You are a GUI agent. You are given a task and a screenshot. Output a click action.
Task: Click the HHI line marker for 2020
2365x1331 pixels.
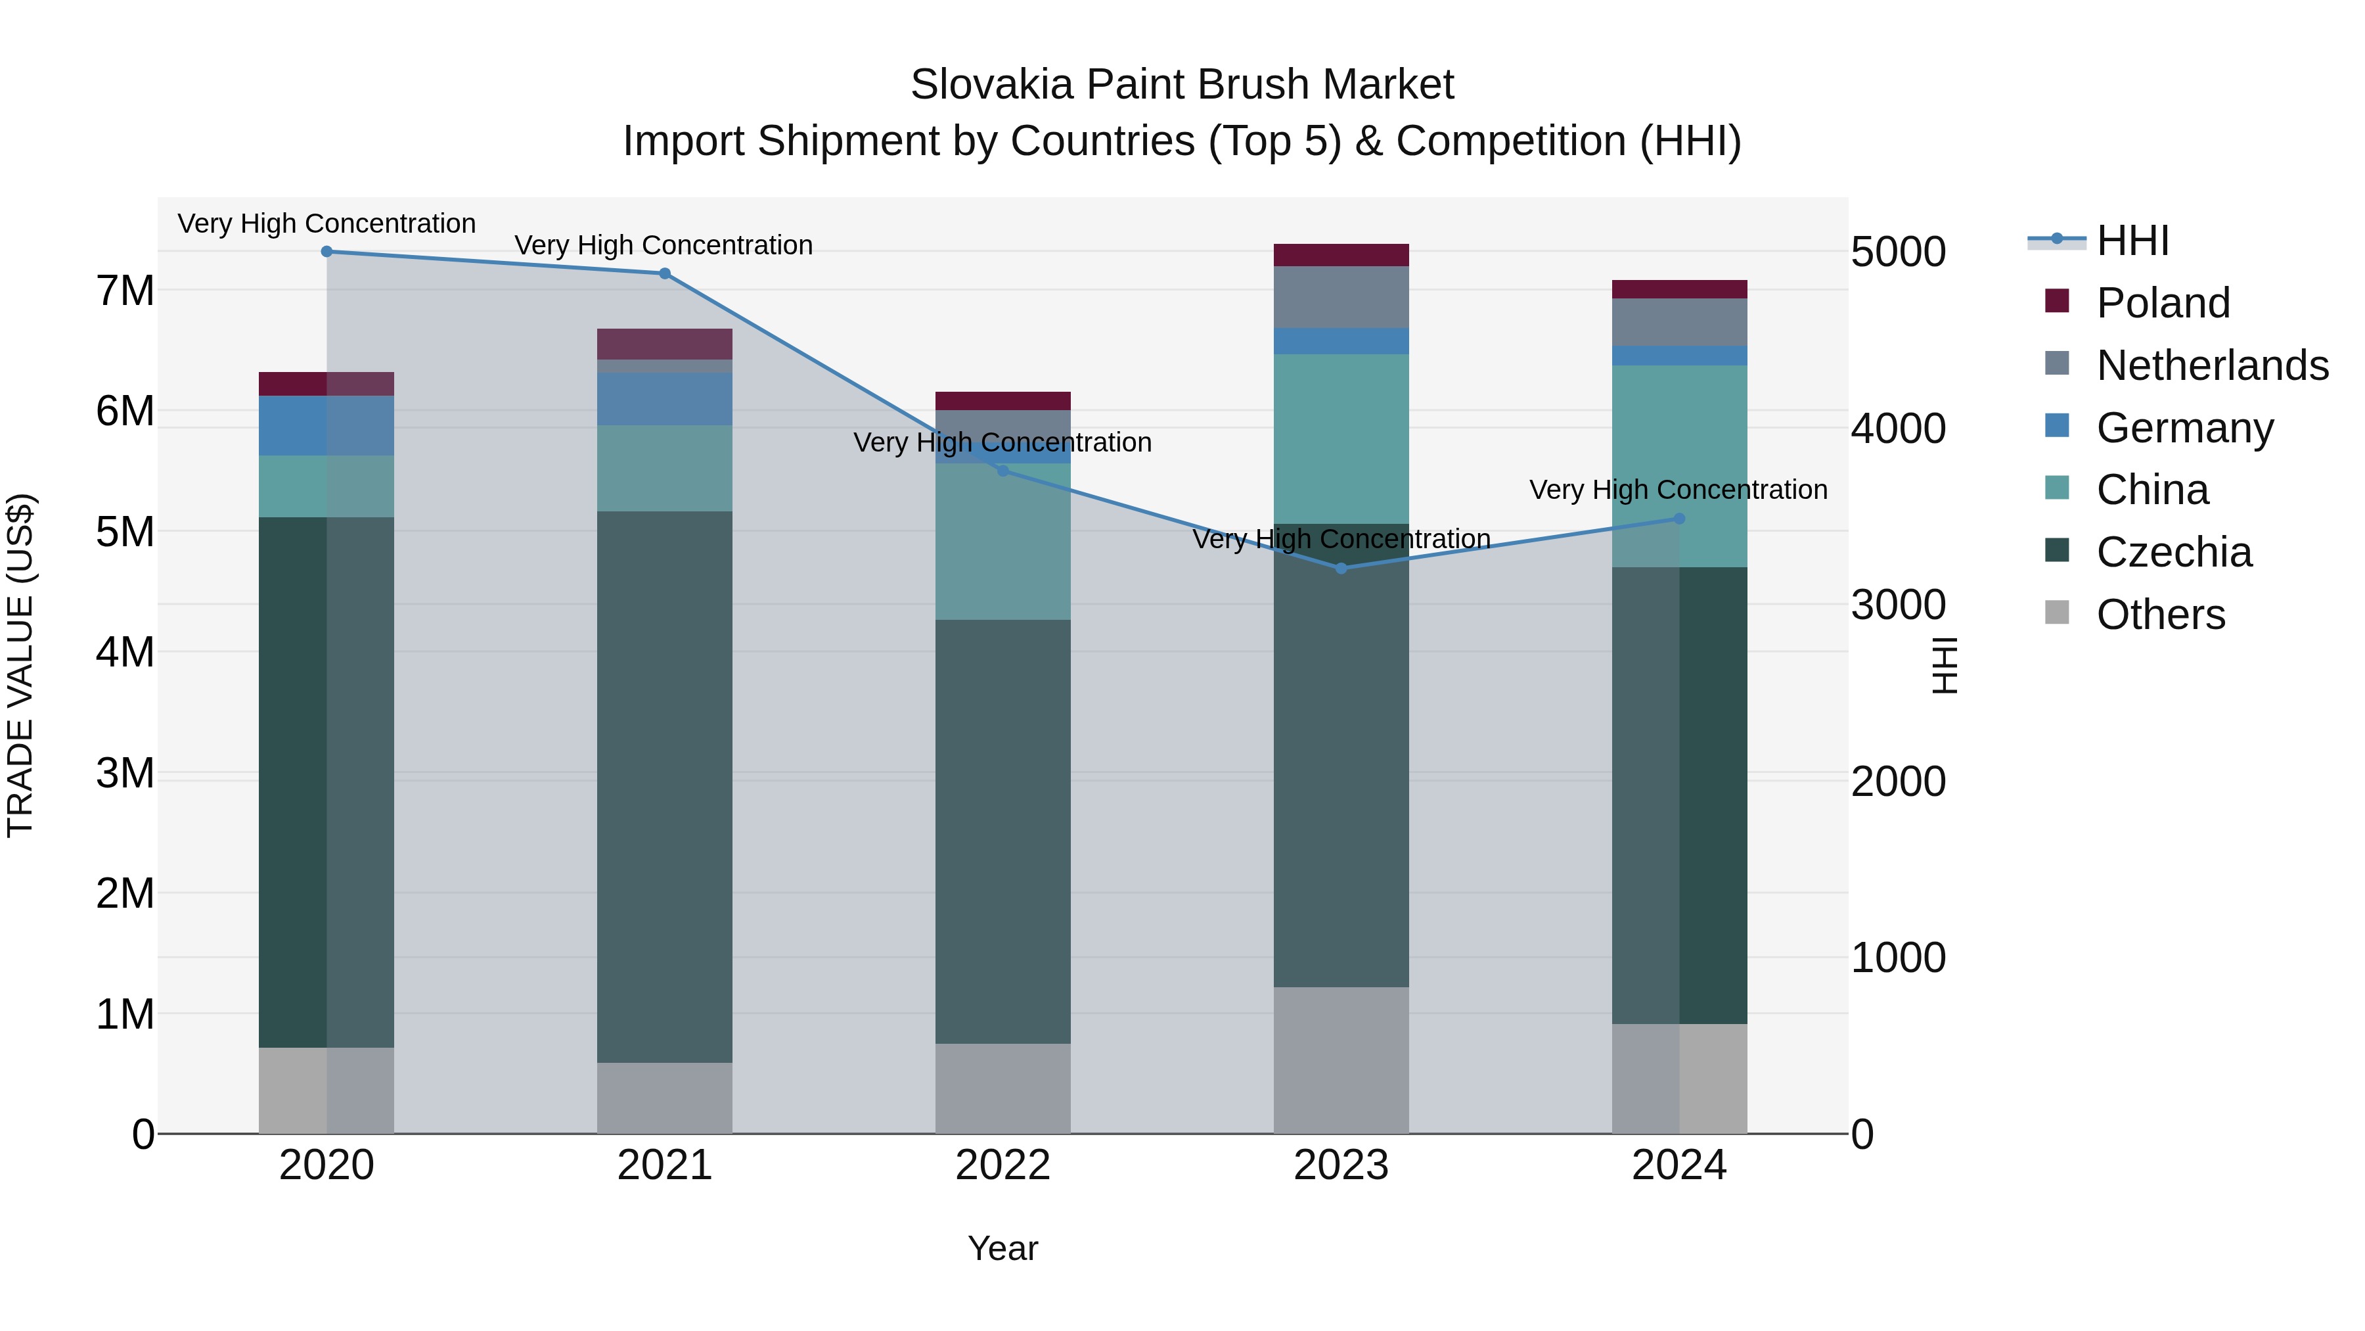[x=327, y=252]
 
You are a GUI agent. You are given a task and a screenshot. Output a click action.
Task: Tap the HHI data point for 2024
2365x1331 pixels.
[x=1679, y=519]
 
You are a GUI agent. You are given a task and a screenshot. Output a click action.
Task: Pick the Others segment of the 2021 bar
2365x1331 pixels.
[x=665, y=1098]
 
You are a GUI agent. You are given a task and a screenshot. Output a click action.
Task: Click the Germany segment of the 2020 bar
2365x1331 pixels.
[x=327, y=425]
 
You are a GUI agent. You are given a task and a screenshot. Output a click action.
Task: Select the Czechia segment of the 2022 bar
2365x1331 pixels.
[x=1002, y=831]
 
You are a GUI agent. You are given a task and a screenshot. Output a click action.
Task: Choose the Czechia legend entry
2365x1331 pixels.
[x=2173, y=552]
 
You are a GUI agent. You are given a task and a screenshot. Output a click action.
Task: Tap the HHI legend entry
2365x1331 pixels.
[x=2132, y=241]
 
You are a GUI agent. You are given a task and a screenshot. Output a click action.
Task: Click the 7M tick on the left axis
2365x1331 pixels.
[x=125, y=291]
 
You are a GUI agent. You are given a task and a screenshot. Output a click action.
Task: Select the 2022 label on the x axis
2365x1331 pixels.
[x=1002, y=1165]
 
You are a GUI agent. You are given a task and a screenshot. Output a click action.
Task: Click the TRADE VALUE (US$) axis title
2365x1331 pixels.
[x=20, y=665]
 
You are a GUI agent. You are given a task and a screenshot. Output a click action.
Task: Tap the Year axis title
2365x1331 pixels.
[x=1002, y=1248]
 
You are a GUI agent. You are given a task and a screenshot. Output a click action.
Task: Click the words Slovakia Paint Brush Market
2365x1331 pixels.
[x=1182, y=85]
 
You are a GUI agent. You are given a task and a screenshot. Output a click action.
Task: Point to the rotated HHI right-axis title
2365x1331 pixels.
[x=1945, y=665]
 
